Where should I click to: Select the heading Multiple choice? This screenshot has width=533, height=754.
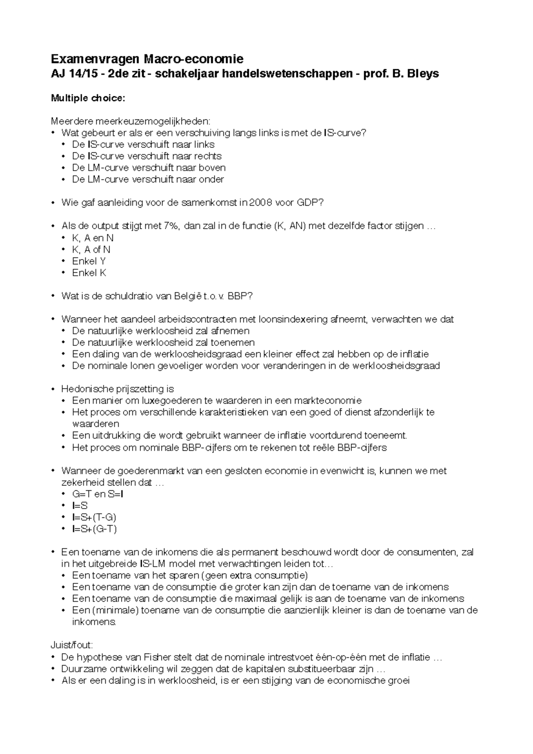[88, 98]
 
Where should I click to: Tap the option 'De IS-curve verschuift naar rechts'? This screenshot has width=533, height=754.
[147, 156]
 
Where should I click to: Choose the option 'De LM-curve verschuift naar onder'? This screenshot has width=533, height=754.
[148, 179]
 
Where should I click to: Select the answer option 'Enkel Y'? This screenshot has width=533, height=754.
[89, 261]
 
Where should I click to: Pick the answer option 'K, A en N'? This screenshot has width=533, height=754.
[93, 238]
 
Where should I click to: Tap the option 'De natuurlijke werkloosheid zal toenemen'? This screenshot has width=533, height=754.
[163, 343]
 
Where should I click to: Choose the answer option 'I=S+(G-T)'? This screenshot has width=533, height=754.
[95, 529]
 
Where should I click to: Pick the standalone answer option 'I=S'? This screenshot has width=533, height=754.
[80, 506]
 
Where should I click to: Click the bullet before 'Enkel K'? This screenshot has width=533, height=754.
[64, 273]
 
